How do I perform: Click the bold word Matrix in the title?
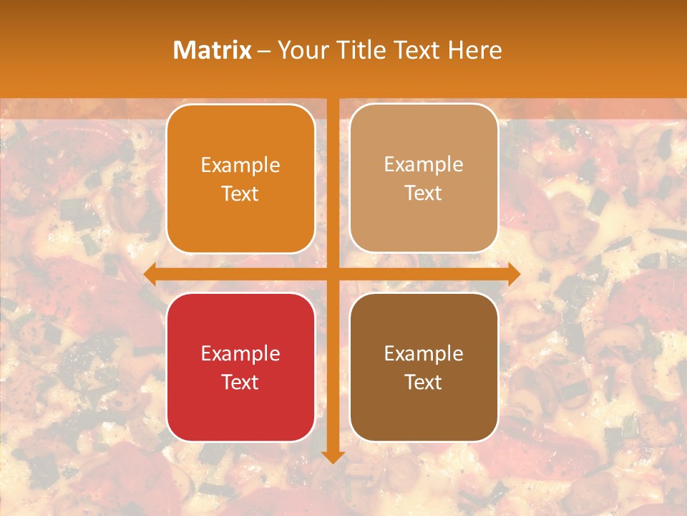[213, 50]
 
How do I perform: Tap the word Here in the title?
[475, 50]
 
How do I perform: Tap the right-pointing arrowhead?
[514, 274]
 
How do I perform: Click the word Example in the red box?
[240, 354]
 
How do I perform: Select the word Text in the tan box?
[424, 193]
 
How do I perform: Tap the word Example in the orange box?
[240, 166]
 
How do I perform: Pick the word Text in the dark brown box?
[424, 382]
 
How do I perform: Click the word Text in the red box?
[240, 382]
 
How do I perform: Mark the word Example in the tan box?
[424, 165]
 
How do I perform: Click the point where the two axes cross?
[333, 274]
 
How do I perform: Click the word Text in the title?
[416, 50]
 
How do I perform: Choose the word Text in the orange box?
[240, 194]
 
